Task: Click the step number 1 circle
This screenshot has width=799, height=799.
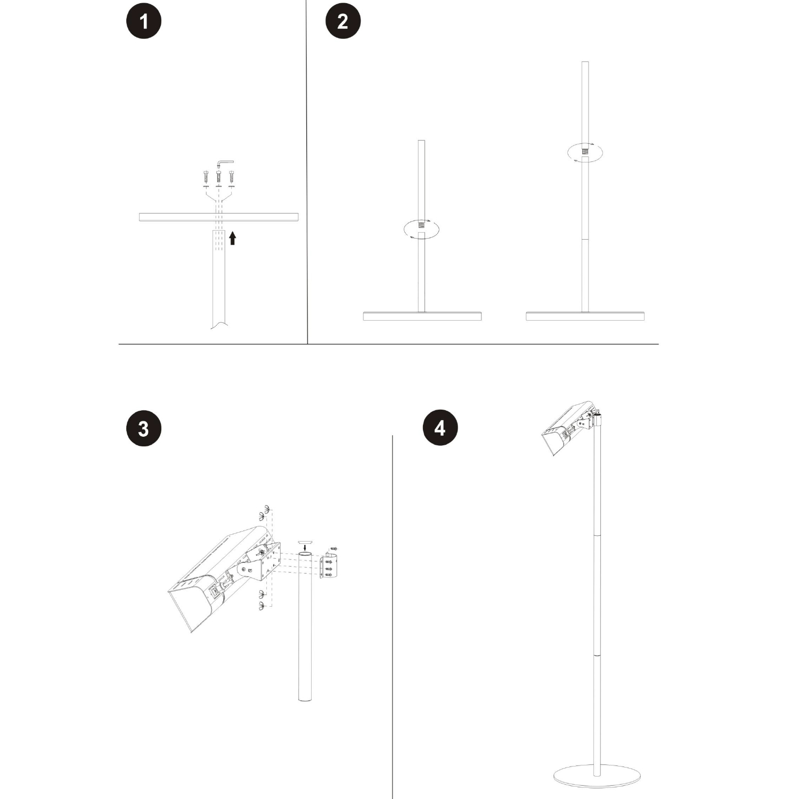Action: coord(143,21)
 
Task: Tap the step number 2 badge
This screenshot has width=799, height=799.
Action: coord(343,21)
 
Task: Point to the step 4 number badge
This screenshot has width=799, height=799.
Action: coord(440,428)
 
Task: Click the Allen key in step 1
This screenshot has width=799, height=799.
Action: coord(225,163)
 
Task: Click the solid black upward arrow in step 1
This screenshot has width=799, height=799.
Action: coord(232,238)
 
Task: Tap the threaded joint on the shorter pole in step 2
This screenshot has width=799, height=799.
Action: coord(421,226)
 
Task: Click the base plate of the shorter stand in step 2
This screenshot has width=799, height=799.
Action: coord(422,316)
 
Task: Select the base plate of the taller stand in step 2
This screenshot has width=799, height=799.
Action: coord(585,316)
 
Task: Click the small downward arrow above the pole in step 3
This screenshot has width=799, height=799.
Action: coord(305,547)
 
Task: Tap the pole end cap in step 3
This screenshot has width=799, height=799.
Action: coord(305,541)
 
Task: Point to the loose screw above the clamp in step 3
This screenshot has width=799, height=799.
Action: coord(335,548)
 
